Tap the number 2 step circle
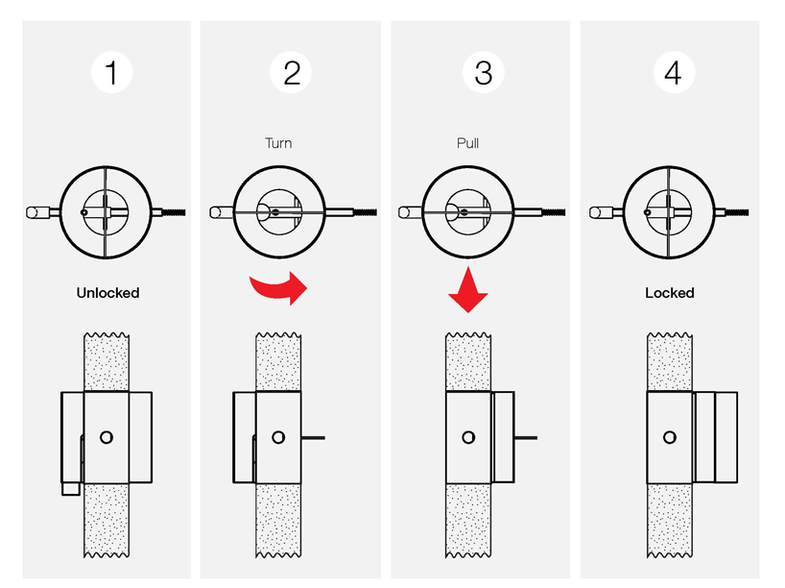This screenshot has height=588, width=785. pyautogui.click(x=292, y=73)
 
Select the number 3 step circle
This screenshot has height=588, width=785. pyautogui.click(x=483, y=73)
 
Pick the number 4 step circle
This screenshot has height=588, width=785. pyautogui.click(x=673, y=73)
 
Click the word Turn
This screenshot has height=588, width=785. pyautogui.click(x=278, y=143)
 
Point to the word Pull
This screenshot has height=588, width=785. pyautogui.click(x=468, y=143)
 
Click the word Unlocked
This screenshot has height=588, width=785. pyautogui.click(x=107, y=292)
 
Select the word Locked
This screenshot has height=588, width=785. pyautogui.click(x=670, y=292)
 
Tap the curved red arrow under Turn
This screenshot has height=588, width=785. pyautogui.click(x=278, y=286)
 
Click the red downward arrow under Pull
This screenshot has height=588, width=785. pyautogui.click(x=468, y=288)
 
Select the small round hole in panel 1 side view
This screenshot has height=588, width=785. pyautogui.click(x=106, y=437)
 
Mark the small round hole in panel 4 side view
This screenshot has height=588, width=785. pyautogui.click(x=670, y=437)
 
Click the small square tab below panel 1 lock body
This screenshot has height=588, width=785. pyautogui.click(x=69, y=488)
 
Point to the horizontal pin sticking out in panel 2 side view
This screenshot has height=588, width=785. pyautogui.click(x=314, y=437)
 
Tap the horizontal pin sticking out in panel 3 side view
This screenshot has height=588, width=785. pyautogui.click(x=525, y=437)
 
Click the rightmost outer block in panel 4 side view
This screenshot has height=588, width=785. pyautogui.click(x=726, y=436)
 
